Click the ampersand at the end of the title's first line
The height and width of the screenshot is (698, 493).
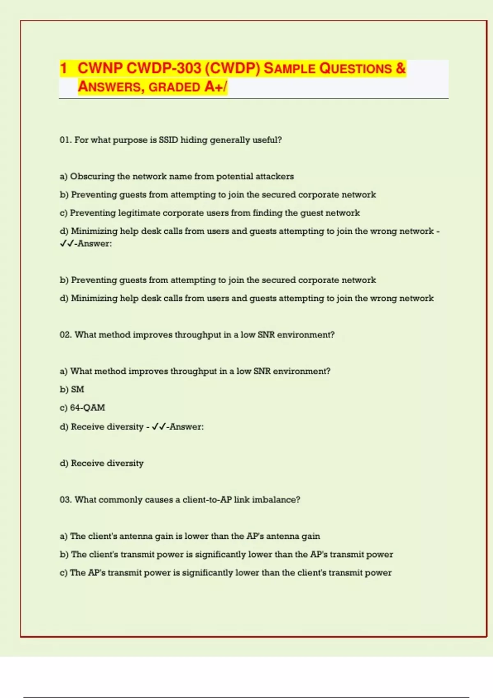click(401, 68)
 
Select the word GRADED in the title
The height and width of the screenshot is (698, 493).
click(174, 87)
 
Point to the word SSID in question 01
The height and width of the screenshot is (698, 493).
click(168, 140)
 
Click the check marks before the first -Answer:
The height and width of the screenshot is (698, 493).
click(67, 244)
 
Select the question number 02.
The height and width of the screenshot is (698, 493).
click(66, 335)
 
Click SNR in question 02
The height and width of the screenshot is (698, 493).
click(266, 335)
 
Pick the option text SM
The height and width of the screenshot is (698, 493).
click(78, 390)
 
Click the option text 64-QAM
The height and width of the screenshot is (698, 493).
click(88, 408)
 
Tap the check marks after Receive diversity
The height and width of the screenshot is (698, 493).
click(159, 427)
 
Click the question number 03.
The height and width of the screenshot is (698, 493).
click(66, 500)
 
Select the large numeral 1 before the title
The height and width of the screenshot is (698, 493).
click(63, 68)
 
